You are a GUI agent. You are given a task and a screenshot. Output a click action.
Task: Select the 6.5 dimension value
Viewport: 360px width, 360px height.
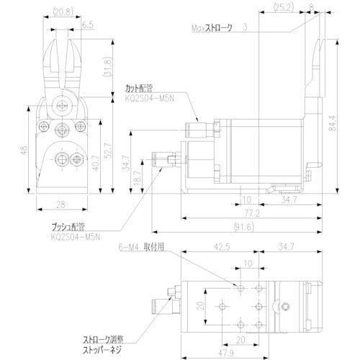(x=86, y=24)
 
